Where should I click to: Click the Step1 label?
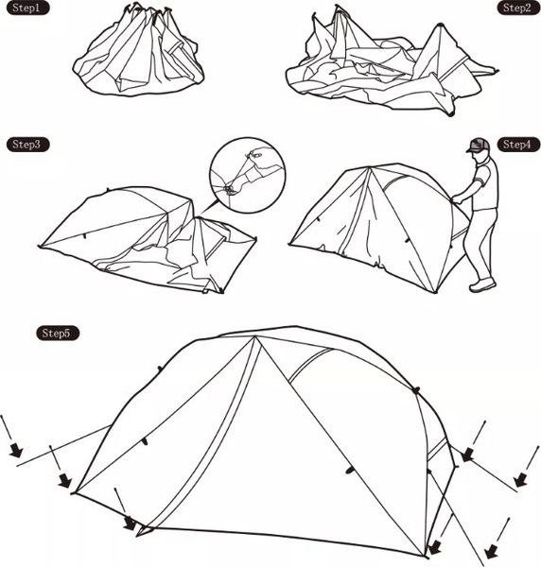coord(27,8)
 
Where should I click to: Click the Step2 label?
coord(518,8)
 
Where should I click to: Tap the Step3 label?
coord(27,145)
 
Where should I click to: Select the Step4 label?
coord(518,145)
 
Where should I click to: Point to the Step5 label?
coord(58,333)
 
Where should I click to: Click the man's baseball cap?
coord(479,146)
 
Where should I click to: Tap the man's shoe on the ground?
coord(482,285)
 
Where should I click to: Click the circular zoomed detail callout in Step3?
coord(248,176)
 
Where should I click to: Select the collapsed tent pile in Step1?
coord(139,51)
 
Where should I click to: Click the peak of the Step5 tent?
coord(254,336)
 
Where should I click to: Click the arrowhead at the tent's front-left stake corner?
coord(131,524)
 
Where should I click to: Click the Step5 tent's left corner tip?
coord(73,493)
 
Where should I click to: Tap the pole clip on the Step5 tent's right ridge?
coord(416,390)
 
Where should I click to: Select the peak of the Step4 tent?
coord(368,168)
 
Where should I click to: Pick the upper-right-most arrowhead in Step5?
coord(468,455)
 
